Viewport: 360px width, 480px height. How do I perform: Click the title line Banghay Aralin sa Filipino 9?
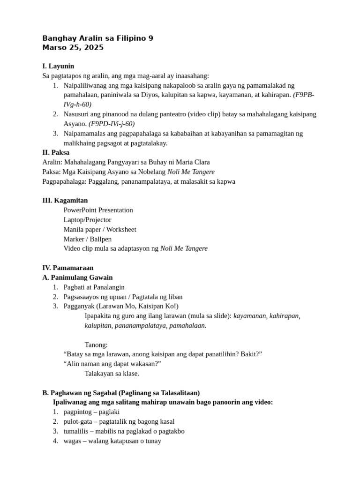[97, 38]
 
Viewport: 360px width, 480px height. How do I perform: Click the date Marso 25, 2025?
[73, 47]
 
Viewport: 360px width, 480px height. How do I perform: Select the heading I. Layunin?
[58, 66]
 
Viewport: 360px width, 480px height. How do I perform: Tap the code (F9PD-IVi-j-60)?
[112, 124]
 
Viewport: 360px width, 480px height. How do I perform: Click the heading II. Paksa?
[56, 152]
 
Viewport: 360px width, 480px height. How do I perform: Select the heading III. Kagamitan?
[65, 200]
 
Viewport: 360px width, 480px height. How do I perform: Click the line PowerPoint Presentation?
[98, 210]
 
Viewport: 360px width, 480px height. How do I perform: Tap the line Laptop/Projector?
[87, 220]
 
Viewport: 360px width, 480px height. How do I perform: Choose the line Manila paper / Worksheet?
[100, 229]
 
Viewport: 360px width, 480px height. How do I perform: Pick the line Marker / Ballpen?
[87, 239]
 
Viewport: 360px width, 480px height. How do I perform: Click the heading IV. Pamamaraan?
[67, 268]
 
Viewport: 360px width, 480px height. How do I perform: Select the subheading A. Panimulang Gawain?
[77, 277]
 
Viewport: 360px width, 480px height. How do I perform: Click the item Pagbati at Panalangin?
[94, 287]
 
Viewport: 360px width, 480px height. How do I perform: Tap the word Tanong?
[96, 345]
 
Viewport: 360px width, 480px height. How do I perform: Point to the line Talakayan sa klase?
[112, 374]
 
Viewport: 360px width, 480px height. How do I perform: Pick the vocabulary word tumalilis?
[76, 431]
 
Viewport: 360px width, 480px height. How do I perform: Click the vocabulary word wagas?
[72, 441]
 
